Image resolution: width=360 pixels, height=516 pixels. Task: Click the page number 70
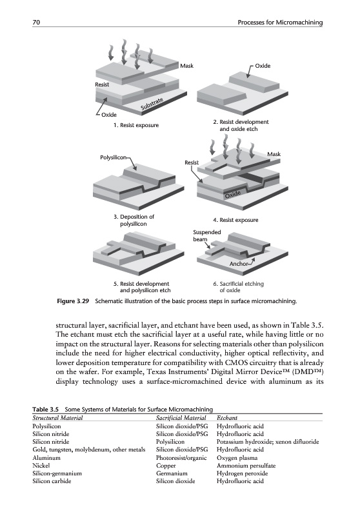coord(36,23)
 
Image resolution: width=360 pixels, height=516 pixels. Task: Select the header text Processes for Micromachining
coord(280,23)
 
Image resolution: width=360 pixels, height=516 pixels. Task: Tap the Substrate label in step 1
coord(152,104)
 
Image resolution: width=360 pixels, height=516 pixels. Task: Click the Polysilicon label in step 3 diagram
coord(113,157)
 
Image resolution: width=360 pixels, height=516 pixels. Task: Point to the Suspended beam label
coord(207,235)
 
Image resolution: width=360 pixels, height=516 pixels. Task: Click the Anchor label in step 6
coord(239,264)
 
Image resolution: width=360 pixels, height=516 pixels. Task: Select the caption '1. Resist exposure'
coord(136,125)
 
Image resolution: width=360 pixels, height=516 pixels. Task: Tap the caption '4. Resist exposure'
coord(235,220)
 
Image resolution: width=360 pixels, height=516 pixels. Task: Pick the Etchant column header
coord(227,418)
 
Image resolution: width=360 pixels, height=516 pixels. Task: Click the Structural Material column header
coord(57,418)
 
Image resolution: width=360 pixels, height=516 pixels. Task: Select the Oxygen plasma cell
coord(237,458)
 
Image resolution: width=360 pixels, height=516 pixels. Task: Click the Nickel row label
coord(41,465)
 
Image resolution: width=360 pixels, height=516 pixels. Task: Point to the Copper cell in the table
coord(166,466)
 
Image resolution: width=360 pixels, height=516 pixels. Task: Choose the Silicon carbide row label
coord(52,481)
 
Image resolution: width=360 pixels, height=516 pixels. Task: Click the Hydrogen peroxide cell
coord(242,473)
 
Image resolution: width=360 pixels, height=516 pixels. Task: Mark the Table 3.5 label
coord(45,410)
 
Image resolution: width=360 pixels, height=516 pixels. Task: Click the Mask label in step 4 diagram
coord(274,154)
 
